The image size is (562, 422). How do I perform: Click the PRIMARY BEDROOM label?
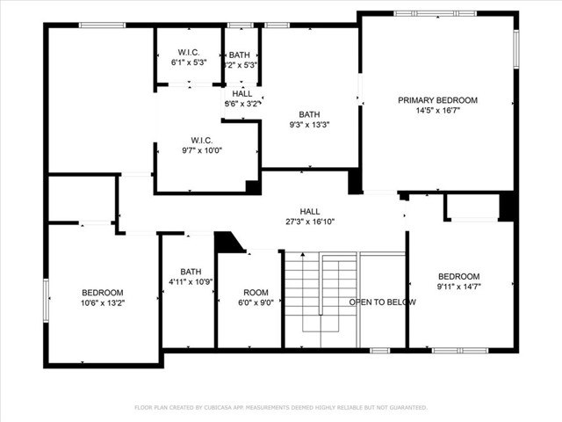(x=437, y=100)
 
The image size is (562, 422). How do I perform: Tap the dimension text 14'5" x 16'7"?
(x=437, y=111)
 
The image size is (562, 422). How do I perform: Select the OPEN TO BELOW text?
(x=382, y=302)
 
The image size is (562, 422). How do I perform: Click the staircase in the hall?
(x=321, y=299)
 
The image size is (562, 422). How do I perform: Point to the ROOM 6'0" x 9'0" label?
(x=256, y=293)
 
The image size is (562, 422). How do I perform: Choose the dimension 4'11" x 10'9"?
(x=191, y=282)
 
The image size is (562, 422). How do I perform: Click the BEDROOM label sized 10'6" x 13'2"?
(x=103, y=293)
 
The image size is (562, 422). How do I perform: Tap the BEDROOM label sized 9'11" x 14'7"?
(x=458, y=275)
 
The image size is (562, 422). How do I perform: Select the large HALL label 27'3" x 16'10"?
(x=310, y=211)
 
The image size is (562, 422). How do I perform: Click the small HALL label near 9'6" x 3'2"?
(x=242, y=93)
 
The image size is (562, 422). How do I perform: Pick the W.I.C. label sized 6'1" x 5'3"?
(x=189, y=53)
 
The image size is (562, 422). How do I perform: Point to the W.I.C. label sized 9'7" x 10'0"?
(x=202, y=140)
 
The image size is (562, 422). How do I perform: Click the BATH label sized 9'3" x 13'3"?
(x=309, y=114)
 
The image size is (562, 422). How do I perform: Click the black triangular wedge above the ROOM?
(x=227, y=242)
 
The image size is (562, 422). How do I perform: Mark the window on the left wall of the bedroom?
(x=47, y=300)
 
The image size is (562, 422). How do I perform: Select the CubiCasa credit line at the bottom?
(x=281, y=408)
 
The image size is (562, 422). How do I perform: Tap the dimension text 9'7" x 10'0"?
(x=202, y=150)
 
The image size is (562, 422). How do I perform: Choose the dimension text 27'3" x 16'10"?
(x=310, y=222)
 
